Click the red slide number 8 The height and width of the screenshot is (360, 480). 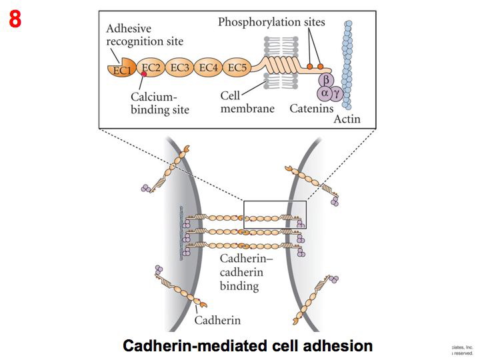(x=15, y=19)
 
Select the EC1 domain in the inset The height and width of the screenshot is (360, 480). (x=121, y=69)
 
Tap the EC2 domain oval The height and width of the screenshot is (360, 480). (x=152, y=67)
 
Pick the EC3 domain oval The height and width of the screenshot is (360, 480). (x=181, y=67)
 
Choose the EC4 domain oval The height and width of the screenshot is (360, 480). (x=209, y=67)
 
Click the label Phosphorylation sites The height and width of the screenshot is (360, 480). (x=271, y=22)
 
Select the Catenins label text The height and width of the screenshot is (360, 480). (x=311, y=108)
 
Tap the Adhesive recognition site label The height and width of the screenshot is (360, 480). (x=145, y=35)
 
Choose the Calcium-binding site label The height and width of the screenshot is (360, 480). (x=159, y=103)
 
